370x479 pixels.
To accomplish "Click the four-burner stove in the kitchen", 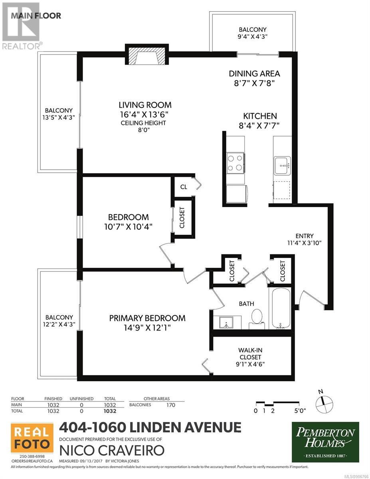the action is pyautogui.click(x=235, y=163).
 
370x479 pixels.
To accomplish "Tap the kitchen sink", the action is pyautogui.click(x=282, y=166).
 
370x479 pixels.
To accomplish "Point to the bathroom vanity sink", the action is pyautogui.click(x=226, y=323).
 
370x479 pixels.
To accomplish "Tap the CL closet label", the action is pyautogui.click(x=184, y=187).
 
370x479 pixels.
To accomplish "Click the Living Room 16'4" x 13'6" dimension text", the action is pyautogui.click(x=144, y=115).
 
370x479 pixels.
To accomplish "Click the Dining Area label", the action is pyautogui.click(x=254, y=73).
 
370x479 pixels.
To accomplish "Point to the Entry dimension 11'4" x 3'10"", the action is pyautogui.click(x=304, y=243).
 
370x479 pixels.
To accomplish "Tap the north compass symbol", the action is pyautogui.click(x=324, y=404).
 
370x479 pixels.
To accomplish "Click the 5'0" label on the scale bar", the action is pyautogui.click(x=300, y=411).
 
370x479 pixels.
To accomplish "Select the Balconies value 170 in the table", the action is pyautogui.click(x=171, y=405).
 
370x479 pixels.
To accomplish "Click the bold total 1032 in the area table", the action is pyautogui.click(x=110, y=411).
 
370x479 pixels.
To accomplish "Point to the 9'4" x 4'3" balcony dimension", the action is pyautogui.click(x=253, y=36).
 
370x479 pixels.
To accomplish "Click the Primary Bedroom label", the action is pyautogui.click(x=147, y=318).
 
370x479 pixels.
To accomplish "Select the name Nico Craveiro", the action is pyautogui.click(x=112, y=451).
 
